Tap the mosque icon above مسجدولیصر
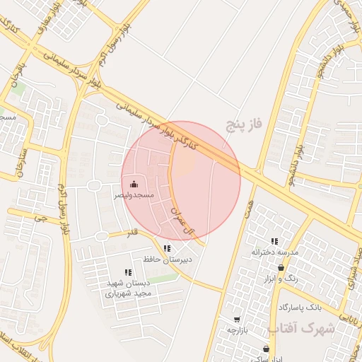point(134,184)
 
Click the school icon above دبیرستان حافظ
point(167,248)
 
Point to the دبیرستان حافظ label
point(168,259)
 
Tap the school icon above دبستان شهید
point(127,272)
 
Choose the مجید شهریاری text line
point(129,293)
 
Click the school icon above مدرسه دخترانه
point(274,241)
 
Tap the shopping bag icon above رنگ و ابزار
point(281,268)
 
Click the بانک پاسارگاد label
point(300,308)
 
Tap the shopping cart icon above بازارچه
point(236,320)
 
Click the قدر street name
point(132,233)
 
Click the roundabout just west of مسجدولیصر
point(94,185)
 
